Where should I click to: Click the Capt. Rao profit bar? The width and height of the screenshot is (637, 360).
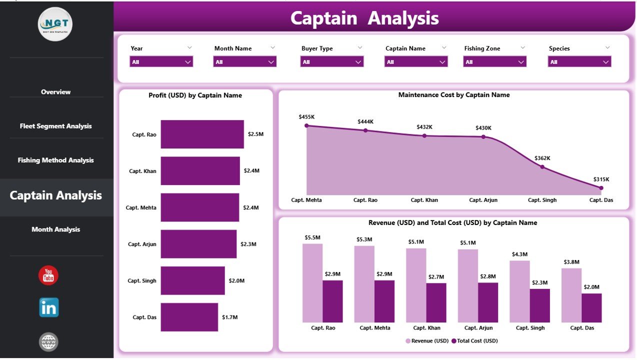point(202,134)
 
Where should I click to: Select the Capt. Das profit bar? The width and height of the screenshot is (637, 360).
point(189,317)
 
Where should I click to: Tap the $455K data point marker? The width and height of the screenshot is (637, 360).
point(306,126)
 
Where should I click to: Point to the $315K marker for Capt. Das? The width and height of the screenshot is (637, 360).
point(601,188)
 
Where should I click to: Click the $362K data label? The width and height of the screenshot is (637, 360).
point(542,158)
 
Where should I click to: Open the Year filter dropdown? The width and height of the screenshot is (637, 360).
point(161,62)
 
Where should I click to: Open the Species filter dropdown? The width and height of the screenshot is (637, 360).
point(579,62)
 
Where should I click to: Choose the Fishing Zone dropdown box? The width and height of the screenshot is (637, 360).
point(494,62)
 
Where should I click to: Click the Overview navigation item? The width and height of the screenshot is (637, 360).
point(55,92)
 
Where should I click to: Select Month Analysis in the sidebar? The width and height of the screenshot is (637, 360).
point(55,229)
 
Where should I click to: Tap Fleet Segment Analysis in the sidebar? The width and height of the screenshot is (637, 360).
point(55,126)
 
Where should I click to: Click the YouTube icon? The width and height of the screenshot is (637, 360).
point(48,275)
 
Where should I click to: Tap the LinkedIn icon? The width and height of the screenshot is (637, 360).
point(48,308)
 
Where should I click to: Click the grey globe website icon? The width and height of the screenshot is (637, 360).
point(48,342)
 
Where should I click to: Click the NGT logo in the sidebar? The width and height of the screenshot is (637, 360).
point(55,24)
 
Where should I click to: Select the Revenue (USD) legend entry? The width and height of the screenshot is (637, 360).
point(426,340)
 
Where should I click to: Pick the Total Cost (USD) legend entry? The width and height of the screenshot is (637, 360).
point(474,340)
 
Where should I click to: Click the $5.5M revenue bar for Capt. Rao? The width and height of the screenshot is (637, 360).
point(312,283)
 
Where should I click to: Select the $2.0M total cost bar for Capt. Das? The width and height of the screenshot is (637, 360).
point(591,307)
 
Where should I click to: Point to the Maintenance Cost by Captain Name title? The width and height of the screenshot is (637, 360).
point(453,95)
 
